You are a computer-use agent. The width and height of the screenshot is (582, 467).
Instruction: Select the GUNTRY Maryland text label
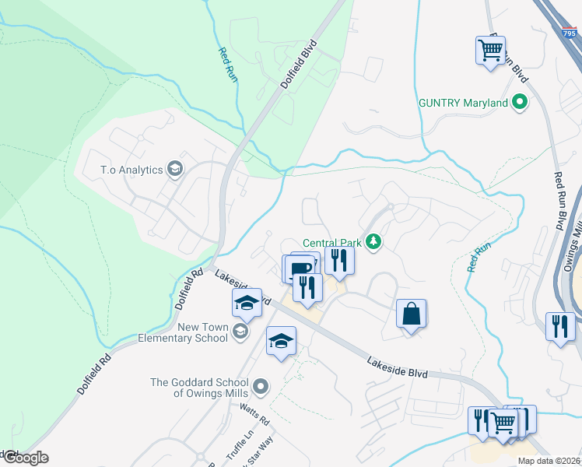point(463,103)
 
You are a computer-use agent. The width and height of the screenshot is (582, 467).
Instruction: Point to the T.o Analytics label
point(130,170)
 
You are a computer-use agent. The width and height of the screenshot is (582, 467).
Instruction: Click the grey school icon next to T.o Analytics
point(175,170)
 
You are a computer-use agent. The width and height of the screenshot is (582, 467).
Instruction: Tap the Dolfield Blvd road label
point(300,65)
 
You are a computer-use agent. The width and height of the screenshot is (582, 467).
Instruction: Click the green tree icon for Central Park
point(374,242)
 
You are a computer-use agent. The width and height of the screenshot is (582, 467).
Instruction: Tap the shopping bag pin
point(411,314)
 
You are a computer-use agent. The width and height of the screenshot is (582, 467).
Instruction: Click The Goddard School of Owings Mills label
point(199,387)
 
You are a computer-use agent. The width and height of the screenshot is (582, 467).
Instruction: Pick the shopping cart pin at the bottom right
point(503,423)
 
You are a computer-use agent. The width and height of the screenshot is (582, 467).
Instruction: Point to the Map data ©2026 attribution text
point(549,461)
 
